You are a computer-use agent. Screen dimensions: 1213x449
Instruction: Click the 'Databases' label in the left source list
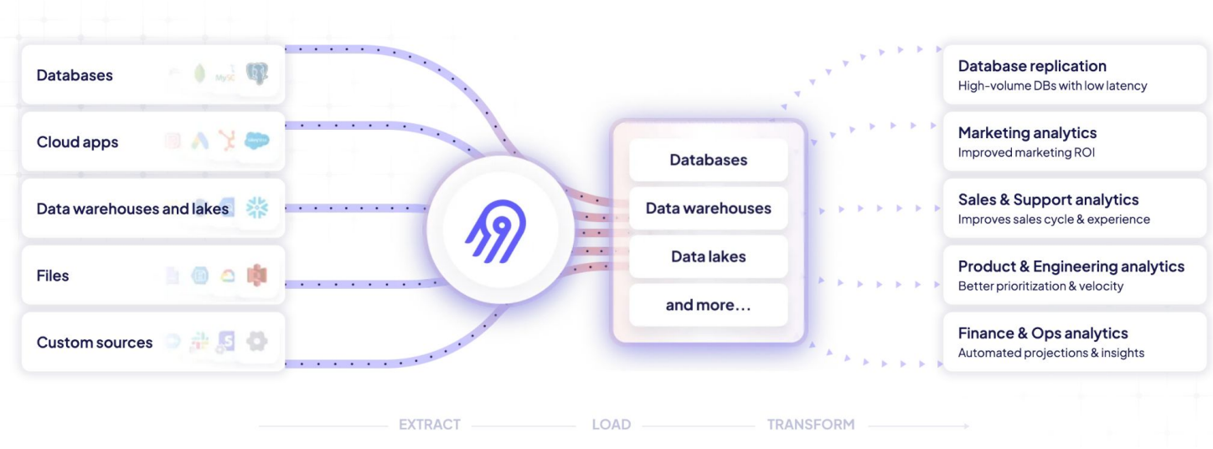75,75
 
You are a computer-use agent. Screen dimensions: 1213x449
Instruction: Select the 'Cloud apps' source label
77,142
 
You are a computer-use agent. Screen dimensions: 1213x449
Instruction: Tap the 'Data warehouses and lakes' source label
132,209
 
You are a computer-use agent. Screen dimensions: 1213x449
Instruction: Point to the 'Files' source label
53,276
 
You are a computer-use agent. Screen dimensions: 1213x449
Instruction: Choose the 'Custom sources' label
95,343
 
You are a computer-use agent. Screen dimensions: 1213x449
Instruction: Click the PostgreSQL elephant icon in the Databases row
256,75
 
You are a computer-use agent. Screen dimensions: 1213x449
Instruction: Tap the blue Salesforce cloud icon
256,142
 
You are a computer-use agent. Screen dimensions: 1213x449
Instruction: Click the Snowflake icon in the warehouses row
256,209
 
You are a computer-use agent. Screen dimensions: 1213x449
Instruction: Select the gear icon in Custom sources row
256,342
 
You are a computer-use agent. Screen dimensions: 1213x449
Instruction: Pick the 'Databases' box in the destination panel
708,160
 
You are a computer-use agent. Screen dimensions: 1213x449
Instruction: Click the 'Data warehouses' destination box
708,209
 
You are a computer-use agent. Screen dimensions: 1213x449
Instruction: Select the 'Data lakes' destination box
708,256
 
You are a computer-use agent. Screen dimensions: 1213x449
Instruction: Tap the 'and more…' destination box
708,305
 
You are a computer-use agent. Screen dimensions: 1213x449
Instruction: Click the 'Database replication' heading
1032,66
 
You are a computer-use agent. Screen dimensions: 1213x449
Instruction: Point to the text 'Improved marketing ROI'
1026,153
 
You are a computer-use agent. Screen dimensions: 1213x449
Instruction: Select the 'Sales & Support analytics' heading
1048,199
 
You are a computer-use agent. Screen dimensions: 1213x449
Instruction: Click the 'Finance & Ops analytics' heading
1043,333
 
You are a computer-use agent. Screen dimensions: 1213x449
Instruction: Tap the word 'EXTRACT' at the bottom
429,425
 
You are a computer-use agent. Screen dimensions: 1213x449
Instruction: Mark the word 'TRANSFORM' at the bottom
811,425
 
